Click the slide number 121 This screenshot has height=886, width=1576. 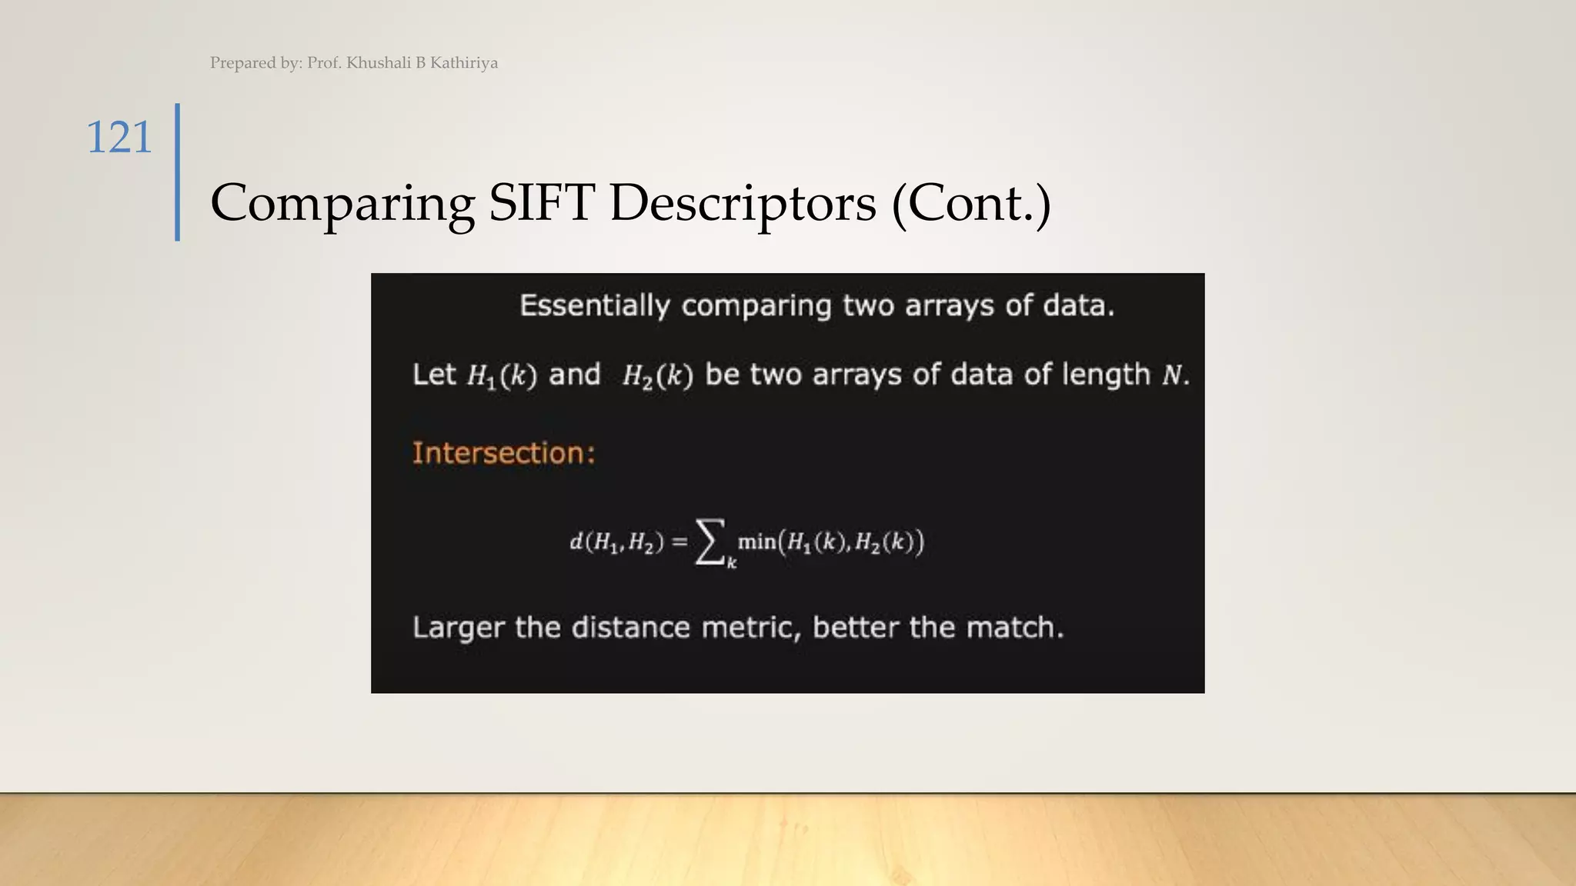click(119, 138)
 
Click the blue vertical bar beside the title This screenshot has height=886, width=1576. click(178, 172)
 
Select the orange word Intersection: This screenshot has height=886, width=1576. click(503, 453)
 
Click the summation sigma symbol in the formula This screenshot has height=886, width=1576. click(710, 541)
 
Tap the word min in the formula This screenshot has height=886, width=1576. click(756, 541)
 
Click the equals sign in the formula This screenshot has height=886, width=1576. click(679, 542)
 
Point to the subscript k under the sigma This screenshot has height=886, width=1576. click(732, 564)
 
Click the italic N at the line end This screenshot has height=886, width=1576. click(1171, 375)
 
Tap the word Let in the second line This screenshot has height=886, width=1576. click(434, 375)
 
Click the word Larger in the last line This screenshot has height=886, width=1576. click(458, 628)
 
